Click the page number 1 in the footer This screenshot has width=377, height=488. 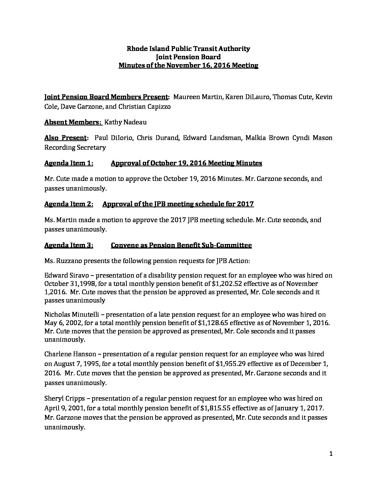pyautogui.click(x=331, y=454)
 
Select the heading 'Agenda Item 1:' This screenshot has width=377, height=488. pyautogui.click(x=69, y=163)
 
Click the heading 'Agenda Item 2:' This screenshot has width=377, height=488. pyautogui.click(x=69, y=204)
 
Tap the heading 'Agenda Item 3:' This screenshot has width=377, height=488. pyautogui.click(x=69, y=245)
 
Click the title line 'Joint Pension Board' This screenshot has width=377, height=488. pyautogui.click(x=188, y=57)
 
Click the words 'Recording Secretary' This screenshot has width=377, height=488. pyautogui.click(x=75, y=147)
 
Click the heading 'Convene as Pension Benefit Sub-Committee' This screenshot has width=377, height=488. pyautogui.click(x=181, y=245)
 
